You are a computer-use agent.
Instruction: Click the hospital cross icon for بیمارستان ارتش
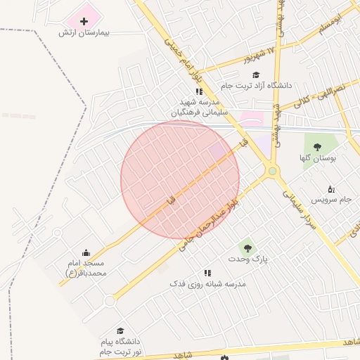click(x=84, y=21)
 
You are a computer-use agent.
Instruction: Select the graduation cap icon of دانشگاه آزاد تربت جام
click(x=255, y=75)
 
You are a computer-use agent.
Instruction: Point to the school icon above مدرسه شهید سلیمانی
click(x=199, y=91)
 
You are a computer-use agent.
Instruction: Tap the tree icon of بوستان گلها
click(x=317, y=147)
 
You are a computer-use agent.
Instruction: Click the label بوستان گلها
click(x=317, y=158)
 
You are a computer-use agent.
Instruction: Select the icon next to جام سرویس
click(x=331, y=189)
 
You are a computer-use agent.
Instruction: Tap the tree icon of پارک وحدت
click(x=246, y=247)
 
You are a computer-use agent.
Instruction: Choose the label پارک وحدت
click(x=247, y=259)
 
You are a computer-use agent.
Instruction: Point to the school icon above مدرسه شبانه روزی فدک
click(x=207, y=272)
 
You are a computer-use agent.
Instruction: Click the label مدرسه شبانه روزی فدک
click(x=207, y=283)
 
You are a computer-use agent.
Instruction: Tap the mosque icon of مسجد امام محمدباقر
click(x=86, y=252)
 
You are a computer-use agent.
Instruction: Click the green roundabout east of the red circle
click(x=271, y=171)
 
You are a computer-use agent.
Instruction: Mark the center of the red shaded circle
click(x=180, y=180)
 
